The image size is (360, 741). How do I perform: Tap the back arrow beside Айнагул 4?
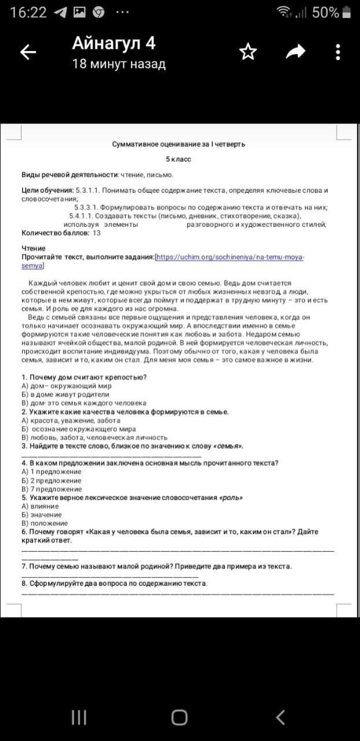pyautogui.click(x=28, y=52)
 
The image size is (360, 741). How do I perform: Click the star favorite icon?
pyautogui.click(x=248, y=52)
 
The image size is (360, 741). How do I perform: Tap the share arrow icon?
pyautogui.click(x=295, y=52)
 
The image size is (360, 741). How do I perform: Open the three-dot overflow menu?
pyautogui.click(x=338, y=52)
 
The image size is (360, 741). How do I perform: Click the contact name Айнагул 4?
pyautogui.click(x=113, y=43)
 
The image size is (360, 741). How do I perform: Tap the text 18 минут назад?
pyautogui.click(x=119, y=64)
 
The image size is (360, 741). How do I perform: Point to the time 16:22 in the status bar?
pyautogui.click(x=28, y=13)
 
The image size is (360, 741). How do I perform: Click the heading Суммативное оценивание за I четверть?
pyautogui.click(x=178, y=144)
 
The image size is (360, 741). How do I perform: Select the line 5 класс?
pyautogui.click(x=178, y=159)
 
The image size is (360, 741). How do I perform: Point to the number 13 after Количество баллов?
pyautogui.click(x=96, y=233)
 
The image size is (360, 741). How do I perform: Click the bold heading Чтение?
pyautogui.click(x=34, y=248)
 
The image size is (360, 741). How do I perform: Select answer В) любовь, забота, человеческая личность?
pyautogui.click(x=94, y=438)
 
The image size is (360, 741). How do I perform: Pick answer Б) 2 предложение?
pyautogui.click(x=52, y=480)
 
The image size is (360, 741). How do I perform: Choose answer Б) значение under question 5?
pyautogui.click(x=42, y=515)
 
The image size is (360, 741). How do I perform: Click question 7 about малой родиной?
pyautogui.click(x=156, y=566)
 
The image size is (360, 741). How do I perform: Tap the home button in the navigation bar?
pyautogui.click(x=179, y=718)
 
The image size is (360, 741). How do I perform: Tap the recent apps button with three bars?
pyautogui.click(x=79, y=718)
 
